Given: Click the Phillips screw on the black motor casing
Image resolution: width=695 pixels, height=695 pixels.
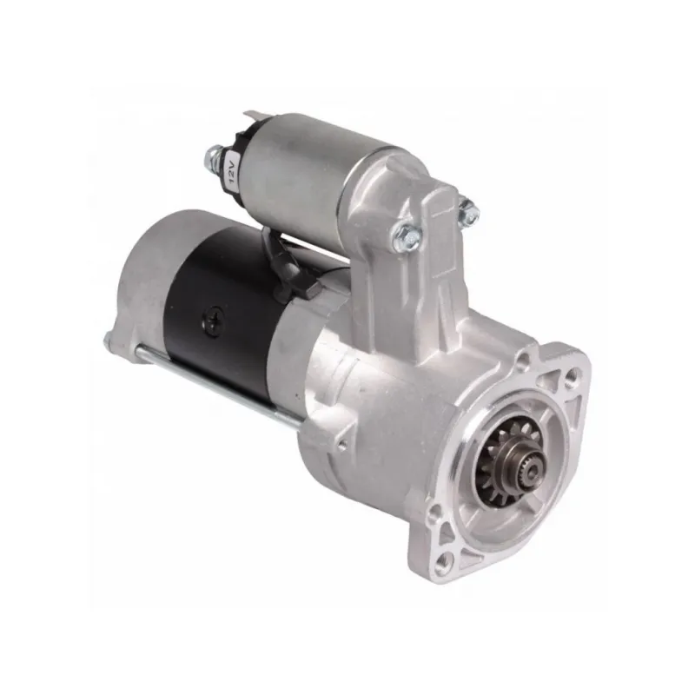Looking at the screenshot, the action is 212,319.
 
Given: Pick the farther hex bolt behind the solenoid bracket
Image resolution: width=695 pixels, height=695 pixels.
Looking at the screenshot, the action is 468,213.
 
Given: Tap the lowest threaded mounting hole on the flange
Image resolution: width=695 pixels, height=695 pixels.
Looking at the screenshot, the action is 442,562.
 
